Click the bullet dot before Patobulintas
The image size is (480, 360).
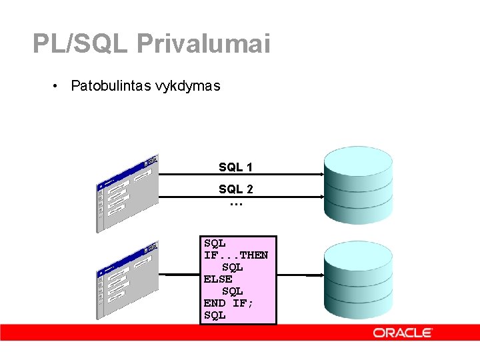pyautogui.click(x=59, y=86)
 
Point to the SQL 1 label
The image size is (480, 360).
pyautogui.click(x=235, y=167)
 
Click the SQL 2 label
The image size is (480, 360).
pyautogui.click(x=235, y=189)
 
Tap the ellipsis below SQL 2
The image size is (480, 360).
pyautogui.click(x=235, y=203)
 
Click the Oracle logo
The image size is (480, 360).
pyautogui.click(x=403, y=333)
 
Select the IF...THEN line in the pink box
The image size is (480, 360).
pyautogui.click(x=236, y=255)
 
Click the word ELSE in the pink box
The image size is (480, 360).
pyautogui.click(x=218, y=279)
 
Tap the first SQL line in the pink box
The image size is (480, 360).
pyautogui.click(x=215, y=243)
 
